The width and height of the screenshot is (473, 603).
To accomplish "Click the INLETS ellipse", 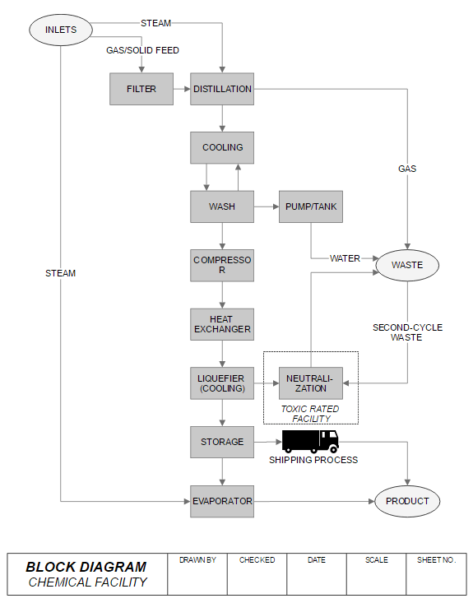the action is point(61,30).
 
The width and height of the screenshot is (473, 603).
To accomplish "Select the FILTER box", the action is point(141,89).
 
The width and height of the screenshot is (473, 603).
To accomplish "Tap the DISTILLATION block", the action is point(222,89).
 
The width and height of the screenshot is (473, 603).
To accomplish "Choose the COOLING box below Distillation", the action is point(222,148).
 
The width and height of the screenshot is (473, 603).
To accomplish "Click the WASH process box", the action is point(222,206).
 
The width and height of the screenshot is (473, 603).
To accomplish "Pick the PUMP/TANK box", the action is point(311,206).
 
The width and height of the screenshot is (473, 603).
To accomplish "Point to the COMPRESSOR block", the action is point(222,266).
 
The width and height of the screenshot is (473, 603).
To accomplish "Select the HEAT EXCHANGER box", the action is point(222,324).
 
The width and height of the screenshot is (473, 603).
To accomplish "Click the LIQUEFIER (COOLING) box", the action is point(222,383).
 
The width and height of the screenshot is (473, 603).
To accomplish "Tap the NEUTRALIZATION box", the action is point(311,383).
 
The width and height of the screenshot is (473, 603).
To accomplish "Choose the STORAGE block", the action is point(222,442).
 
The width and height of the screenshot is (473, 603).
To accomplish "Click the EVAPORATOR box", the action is point(222,501).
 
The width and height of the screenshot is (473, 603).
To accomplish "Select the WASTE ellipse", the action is point(407,266).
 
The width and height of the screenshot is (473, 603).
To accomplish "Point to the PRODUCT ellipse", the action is point(407,501).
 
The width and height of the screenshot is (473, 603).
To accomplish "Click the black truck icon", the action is point(310,442).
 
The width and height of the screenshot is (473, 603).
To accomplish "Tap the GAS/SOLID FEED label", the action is point(142,50).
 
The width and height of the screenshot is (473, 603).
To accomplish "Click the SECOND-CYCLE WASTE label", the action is point(407,332).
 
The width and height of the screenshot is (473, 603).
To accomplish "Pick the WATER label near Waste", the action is point(345,258).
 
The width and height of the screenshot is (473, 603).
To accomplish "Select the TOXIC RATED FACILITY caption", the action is point(310,414).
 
